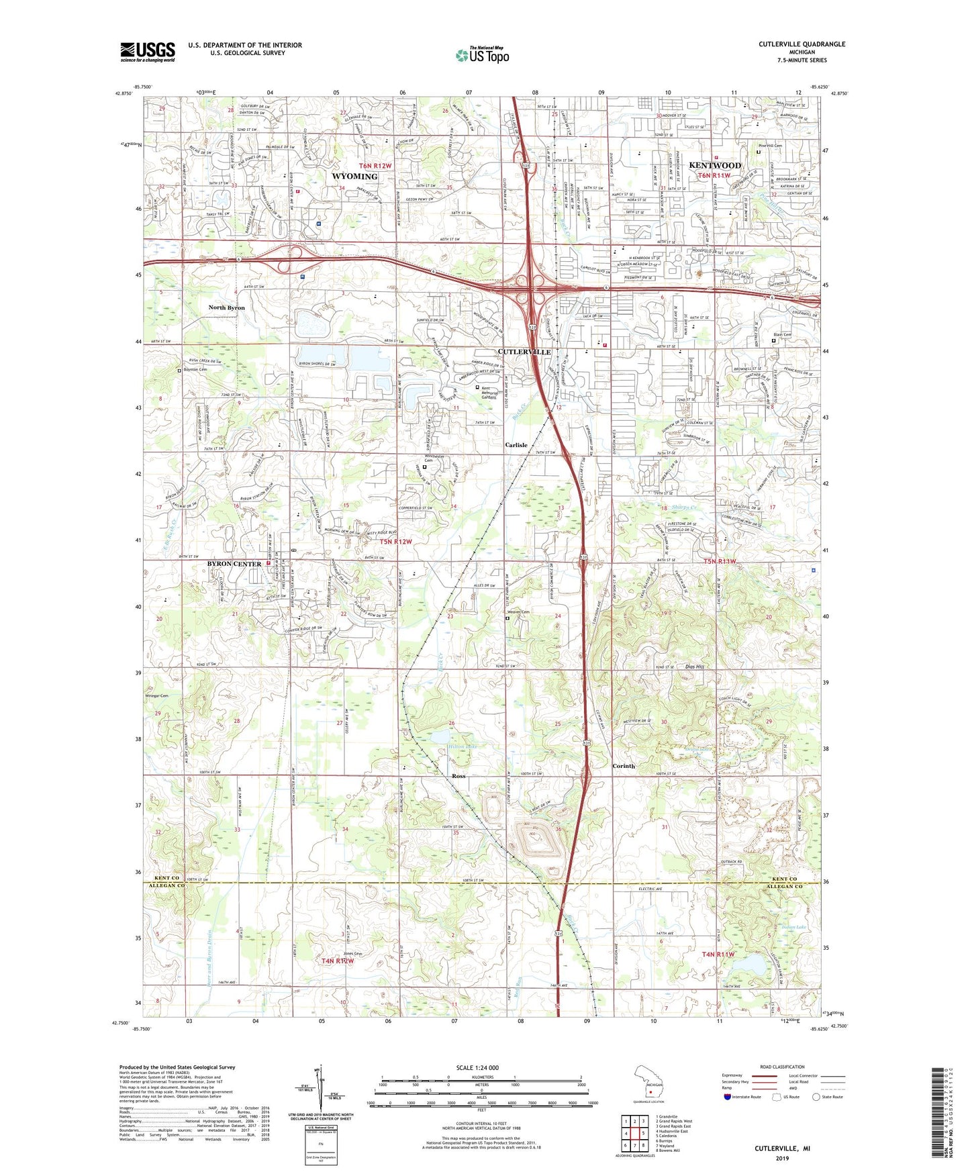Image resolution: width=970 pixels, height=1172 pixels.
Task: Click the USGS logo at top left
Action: click(x=148, y=51)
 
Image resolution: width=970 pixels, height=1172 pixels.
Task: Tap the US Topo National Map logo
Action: click(x=482, y=55)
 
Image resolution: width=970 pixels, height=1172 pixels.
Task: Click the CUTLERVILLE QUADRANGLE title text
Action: click(x=802, y=44)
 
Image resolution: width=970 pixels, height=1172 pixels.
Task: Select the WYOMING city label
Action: click(x=354, y=177)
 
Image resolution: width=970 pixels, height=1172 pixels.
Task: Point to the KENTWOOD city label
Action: click(x=715, y=165)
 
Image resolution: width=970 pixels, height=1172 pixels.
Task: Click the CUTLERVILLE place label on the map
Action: click(x=524, y=352)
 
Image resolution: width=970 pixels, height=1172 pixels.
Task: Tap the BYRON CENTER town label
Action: click(x=234, y=564)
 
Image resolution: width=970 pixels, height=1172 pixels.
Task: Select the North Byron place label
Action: click(x=226, y=307)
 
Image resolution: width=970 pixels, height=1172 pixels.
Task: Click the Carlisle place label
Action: click(x=516, y=445)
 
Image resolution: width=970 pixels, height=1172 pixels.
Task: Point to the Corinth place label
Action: click(x=623, y=766)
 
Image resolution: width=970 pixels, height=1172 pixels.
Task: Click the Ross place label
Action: click(x=458, y=776)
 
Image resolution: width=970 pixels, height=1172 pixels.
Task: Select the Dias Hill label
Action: click(x=694, y=667)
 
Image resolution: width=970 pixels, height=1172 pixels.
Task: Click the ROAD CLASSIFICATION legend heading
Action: click(x=782, y=1067)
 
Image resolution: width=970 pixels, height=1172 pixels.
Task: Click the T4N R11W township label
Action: click(x=718, y=954)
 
